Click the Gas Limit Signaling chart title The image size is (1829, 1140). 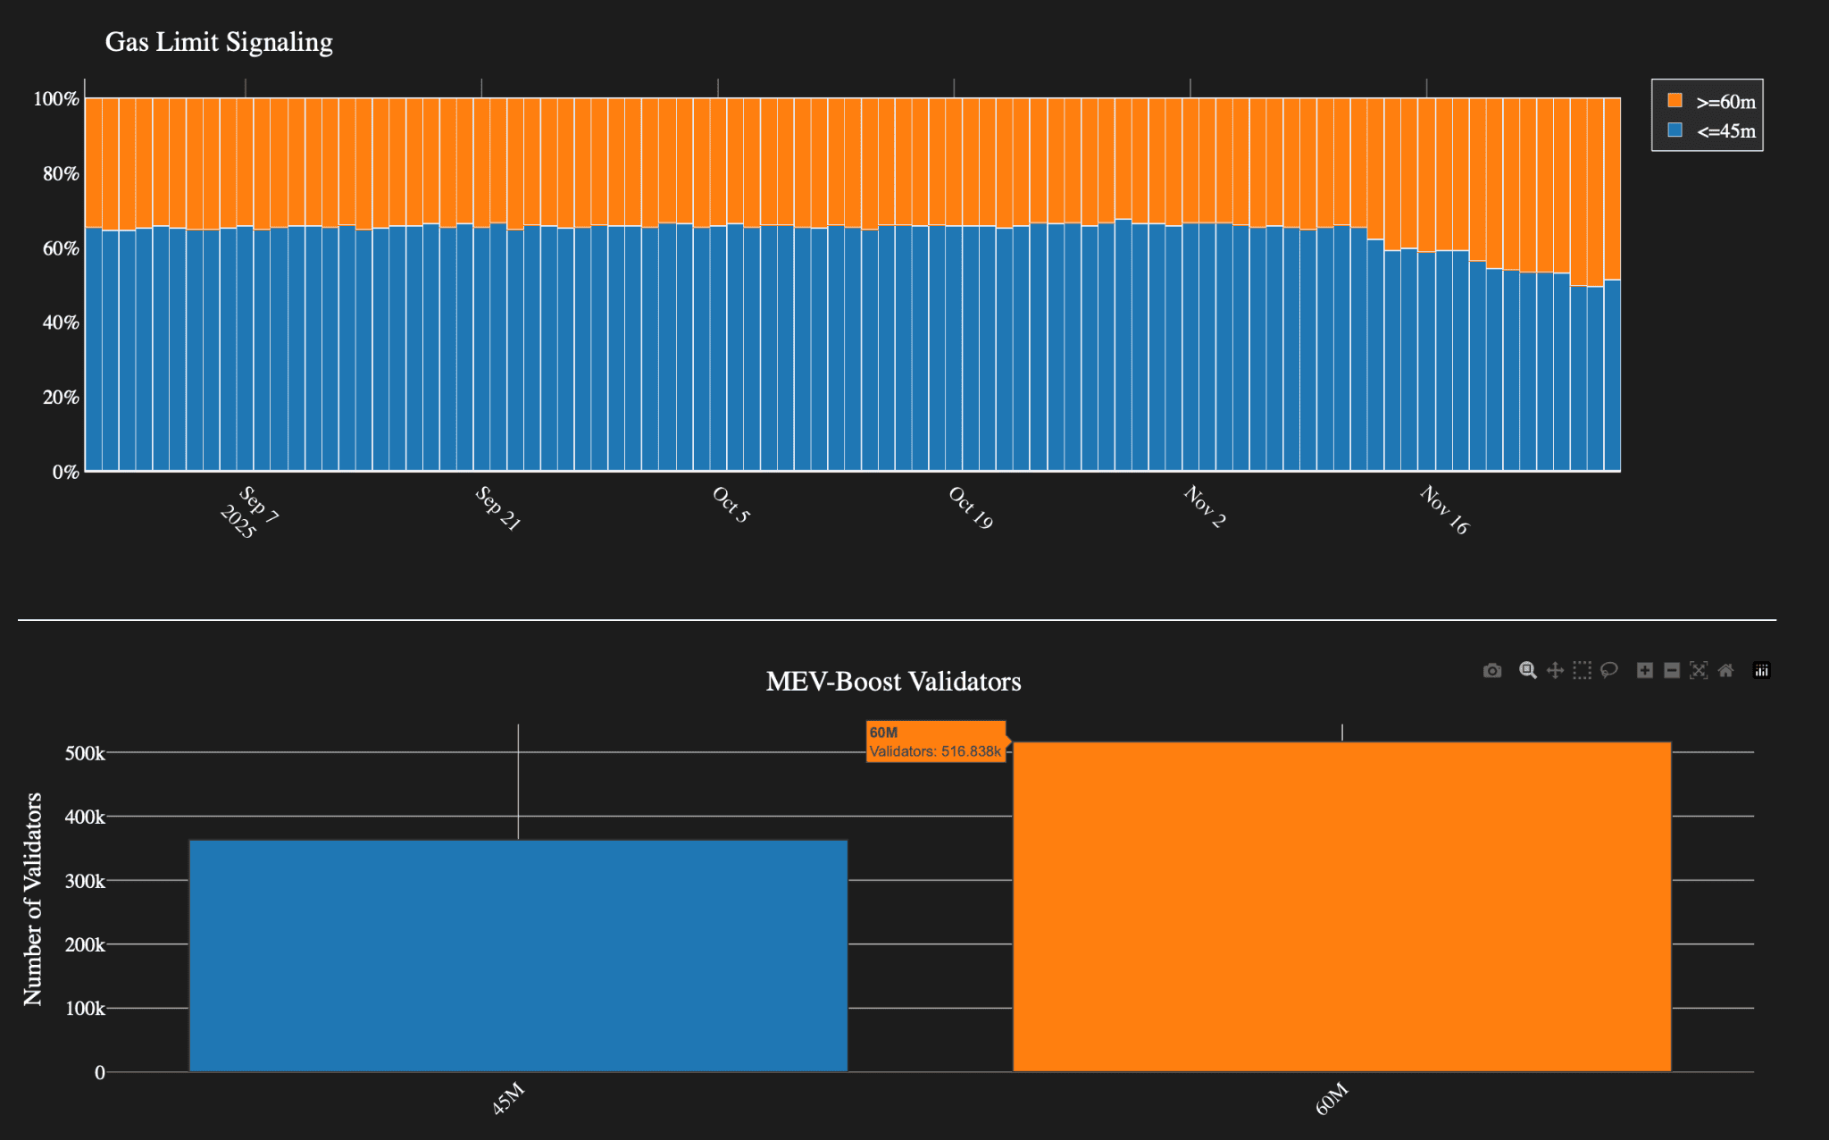point(219,42)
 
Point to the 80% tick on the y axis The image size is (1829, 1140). point(61,173)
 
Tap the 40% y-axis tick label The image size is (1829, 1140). point(61,323)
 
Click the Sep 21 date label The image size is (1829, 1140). point(497,508)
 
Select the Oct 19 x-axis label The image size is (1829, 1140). point(970,507)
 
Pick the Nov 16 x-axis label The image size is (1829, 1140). point(1443,509)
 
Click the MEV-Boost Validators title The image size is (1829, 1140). point(893,682)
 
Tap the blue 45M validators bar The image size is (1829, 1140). point(518,956)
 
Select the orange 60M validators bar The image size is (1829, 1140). point(1341,907)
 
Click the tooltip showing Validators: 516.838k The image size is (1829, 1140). point(935,742)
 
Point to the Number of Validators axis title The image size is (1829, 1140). point(33,899)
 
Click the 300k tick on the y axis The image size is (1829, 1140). point(85,881)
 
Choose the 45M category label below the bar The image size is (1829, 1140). point(507,1099)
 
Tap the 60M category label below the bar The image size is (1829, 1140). point(1331,1099)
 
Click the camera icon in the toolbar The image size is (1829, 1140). point(1492,671)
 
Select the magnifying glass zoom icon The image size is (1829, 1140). point(1528,671)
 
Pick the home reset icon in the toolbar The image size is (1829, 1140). point(1725,671)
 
